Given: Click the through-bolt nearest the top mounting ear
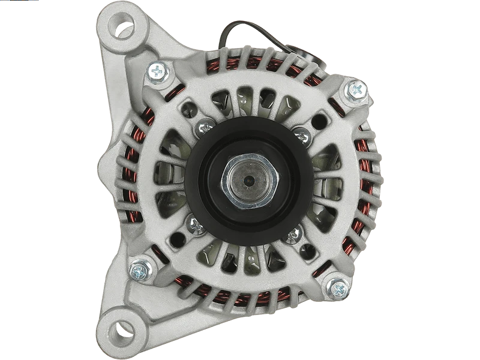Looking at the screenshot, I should [158, 72].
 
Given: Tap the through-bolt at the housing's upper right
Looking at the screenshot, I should [356, 90].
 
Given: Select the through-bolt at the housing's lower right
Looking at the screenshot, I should [337, 287].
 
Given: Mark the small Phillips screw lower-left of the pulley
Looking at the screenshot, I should [196, 225].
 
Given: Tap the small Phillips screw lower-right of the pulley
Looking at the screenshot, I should [293, 233].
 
